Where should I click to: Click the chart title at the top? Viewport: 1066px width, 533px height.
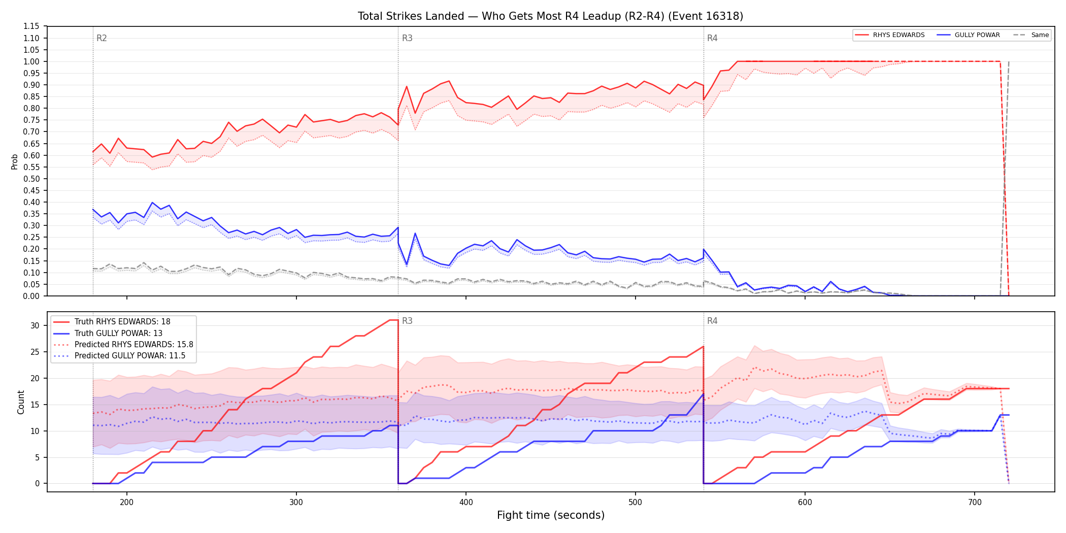[x=550, y=16]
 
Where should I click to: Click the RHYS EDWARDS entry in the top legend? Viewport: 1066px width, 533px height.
[x=890, y=35]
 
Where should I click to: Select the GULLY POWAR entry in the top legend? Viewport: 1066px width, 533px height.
[x=968, y=35]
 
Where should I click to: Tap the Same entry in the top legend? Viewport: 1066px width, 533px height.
[x=1031, y=35]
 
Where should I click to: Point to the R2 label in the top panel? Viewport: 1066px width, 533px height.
[x=102, y=38]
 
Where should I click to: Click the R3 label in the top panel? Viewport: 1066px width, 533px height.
[x=407, y=38]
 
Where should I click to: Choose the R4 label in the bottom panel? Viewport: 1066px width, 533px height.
[x=712, y=321]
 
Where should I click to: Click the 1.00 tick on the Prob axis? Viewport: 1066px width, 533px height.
[x=31, y=61]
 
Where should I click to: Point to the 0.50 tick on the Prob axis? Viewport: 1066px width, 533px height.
[x=31, y=179]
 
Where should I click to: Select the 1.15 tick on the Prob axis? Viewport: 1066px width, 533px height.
[x=31, y=26]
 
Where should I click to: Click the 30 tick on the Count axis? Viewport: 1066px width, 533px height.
[x=35, y=325]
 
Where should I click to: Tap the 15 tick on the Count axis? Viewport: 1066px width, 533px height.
[x=35, y=405]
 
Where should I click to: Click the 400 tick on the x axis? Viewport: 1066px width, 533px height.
[x=466, y=503]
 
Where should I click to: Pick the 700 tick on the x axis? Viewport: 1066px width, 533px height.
[x=975, y=503]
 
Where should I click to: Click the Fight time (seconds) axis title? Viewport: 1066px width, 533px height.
[x=551, y=515]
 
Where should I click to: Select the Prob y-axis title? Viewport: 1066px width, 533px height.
[x=15, y=161]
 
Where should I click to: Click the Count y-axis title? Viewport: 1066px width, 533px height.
[x=21, y=402]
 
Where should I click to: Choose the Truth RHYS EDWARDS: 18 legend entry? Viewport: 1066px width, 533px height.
[x=112, y=322]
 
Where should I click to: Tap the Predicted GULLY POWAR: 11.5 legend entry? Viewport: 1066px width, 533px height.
[x=119, y=356]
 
